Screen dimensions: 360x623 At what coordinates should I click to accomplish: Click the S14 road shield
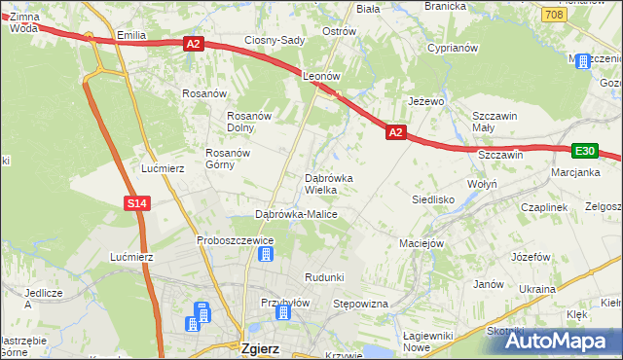136,202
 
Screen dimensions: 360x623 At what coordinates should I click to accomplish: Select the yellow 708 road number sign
553,15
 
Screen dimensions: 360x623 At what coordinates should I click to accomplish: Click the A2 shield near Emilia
192,43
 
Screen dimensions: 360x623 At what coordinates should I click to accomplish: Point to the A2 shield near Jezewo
394,131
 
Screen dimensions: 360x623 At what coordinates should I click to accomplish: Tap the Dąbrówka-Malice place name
296,213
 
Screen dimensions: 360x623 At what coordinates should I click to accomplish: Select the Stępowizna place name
360,304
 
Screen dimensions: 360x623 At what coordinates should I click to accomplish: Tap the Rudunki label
324,277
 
